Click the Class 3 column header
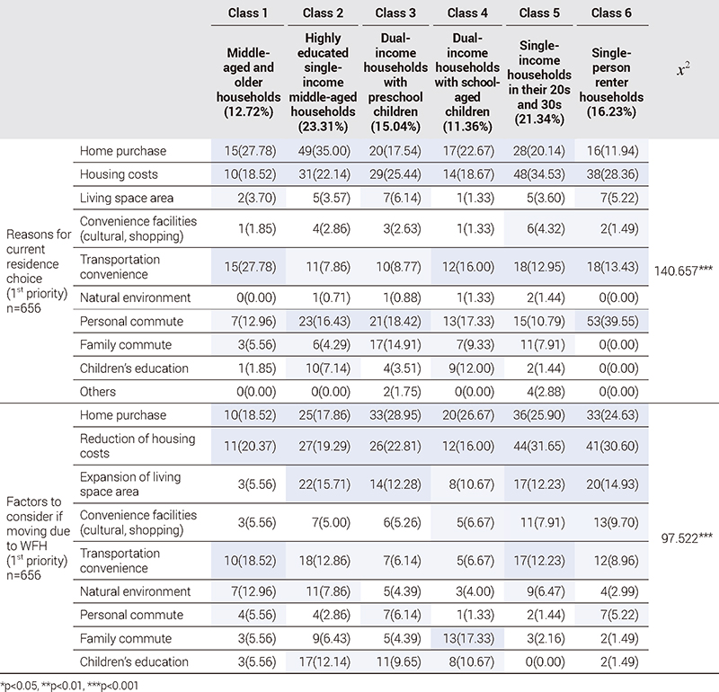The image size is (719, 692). [395, 13]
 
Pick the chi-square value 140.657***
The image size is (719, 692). [683, 269]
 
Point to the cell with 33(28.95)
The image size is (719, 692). [395, 415]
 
